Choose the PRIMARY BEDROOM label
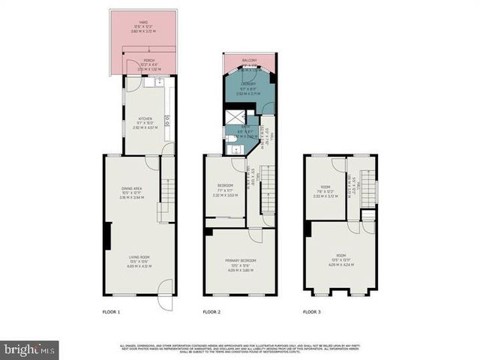241,260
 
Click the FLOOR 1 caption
111,310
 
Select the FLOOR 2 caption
211,310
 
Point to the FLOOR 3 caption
311,310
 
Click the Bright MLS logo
29,349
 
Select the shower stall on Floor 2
233,118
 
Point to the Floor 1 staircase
166,198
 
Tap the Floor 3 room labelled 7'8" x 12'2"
325,191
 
